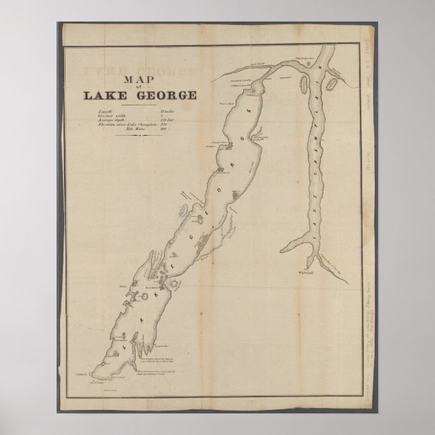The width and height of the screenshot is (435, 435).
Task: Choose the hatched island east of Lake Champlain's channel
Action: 331,84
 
